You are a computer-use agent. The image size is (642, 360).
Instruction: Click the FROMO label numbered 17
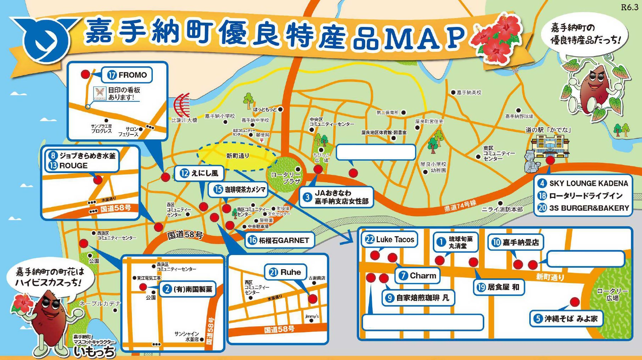point(127,75)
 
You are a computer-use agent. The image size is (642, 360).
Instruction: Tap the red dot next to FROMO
point(85,74)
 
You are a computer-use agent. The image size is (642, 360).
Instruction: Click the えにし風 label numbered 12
point(200,173)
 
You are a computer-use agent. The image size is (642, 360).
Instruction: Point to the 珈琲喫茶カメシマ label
point(240,190)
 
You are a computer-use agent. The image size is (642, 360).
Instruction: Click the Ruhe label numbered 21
point(285,272)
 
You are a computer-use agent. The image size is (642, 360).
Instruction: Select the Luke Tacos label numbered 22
point(390,239)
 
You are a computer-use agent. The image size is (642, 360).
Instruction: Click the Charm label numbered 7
point(417,276)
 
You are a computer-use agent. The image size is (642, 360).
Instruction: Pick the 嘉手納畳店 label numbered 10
point(515,242)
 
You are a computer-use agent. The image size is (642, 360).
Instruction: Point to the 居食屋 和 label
point(498,287)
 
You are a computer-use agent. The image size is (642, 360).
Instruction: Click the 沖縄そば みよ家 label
point(566,319)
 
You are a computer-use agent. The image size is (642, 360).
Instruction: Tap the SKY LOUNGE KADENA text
point(588,183)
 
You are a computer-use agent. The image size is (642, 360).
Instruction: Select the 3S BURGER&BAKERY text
point(589,208)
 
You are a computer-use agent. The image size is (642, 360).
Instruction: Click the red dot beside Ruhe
point(312,299)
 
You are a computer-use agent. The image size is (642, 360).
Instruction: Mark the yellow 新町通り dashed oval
point(237,156)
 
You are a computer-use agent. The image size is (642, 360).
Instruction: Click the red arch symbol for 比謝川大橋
point(182,105)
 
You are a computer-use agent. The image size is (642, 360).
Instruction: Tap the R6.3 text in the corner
point(630,7)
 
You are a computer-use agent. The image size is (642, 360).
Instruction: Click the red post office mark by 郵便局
point(262,140)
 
